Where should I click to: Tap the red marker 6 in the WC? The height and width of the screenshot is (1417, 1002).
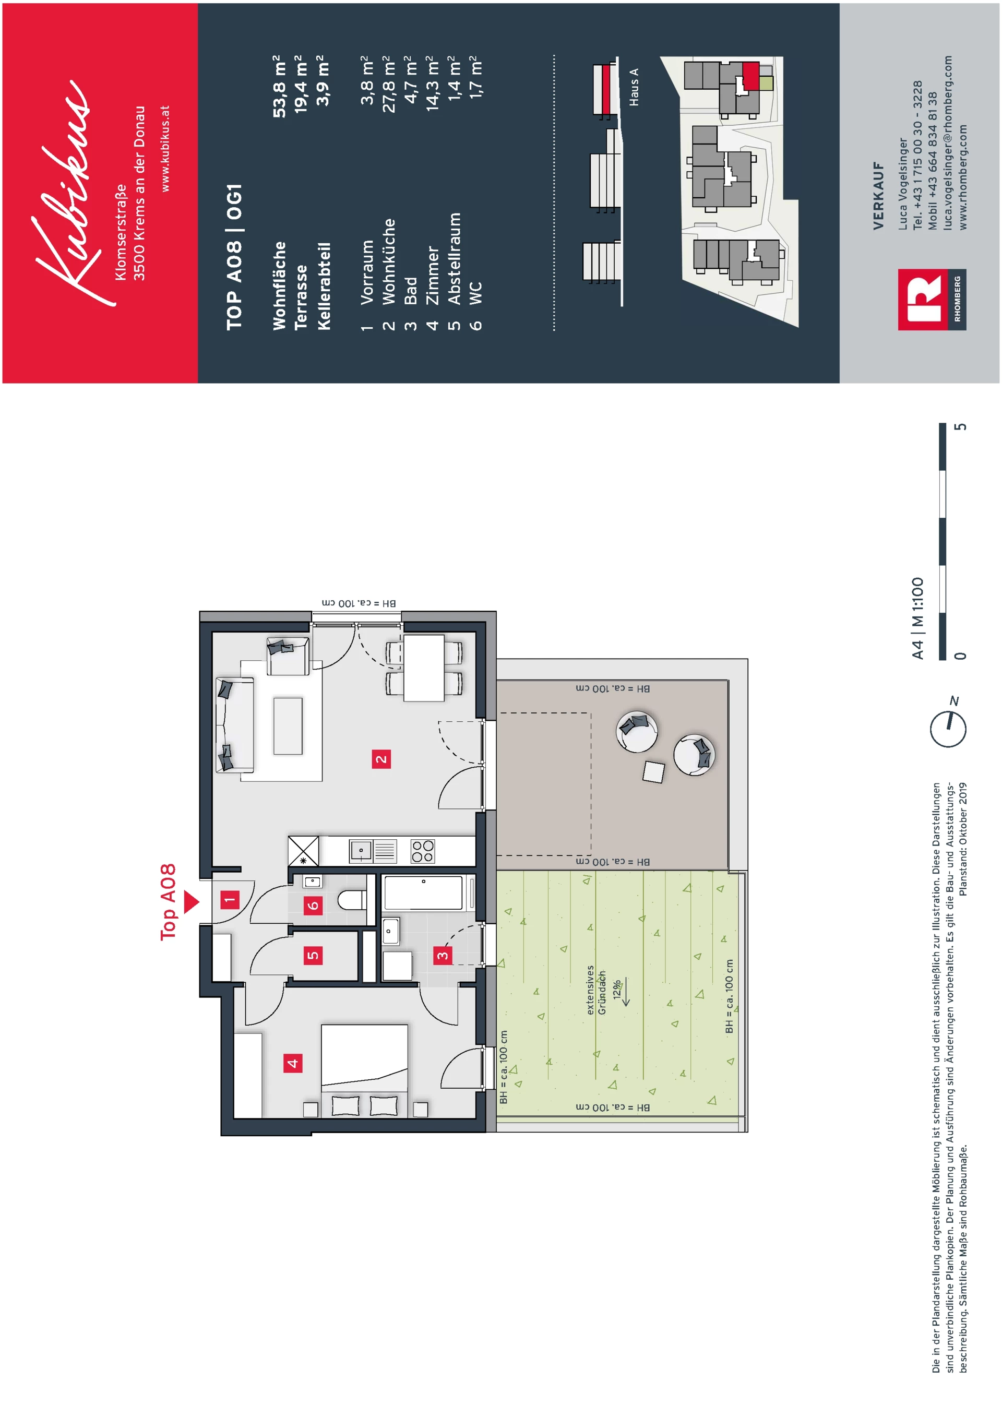pos(313,906)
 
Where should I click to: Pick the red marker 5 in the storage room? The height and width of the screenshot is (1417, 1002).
pos(313,955)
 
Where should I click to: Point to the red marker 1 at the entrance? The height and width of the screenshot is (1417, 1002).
pos(230,900)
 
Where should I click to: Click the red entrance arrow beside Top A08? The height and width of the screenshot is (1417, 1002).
pos(192,902)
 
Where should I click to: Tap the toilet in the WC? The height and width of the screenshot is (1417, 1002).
pos(352,900)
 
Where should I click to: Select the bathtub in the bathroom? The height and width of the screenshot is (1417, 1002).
pos(423,892)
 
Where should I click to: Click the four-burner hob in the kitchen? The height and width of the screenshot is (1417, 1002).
pos(423,851)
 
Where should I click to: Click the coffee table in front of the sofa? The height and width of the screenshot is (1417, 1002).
pos(288,726)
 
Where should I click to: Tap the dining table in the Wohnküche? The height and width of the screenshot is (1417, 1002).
pos(424,668)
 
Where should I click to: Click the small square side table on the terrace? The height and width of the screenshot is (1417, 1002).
pos(653,771)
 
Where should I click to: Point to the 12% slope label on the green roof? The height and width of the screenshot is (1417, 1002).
pos(617,990)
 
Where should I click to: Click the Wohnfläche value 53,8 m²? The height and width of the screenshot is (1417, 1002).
pos(280,87)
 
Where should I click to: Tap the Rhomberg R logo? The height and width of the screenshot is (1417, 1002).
pos(922,300)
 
